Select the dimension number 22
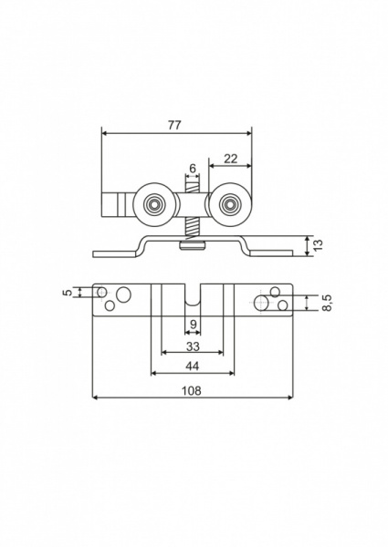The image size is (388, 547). point(230,158)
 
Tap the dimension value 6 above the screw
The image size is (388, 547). point(192,168)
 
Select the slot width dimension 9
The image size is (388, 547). point(192,325)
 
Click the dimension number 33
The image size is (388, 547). point(192,346)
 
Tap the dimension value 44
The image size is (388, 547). point(192,366)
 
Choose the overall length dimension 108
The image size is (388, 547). point(192,390)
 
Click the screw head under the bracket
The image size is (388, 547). point(193,244)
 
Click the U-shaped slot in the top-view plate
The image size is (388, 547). point(192,297)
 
